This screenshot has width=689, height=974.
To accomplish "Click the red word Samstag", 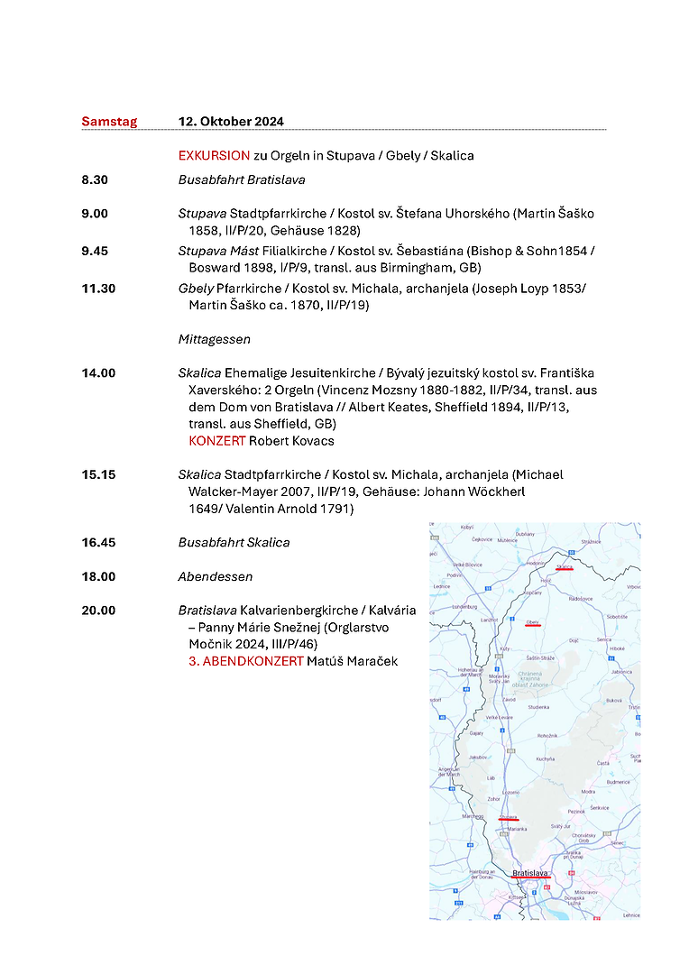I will pyautogui.click(x=109, y=122).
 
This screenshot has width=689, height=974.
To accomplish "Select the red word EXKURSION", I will pyautogui.click(x=214, y=155).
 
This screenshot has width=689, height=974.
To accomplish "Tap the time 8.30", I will pyautogui.click(x=95, y=179).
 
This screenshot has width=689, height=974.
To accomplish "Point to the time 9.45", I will pyautogui.click(x=95, y=251).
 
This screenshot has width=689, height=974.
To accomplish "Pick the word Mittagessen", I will pyautogui.click(x=214, y=340).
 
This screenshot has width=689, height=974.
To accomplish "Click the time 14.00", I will pyautogui.click(x=98, y=372).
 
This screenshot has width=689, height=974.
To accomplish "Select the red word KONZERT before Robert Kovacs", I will pyautogui.click(x=216, y=441).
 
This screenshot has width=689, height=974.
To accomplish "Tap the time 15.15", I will pyautogui.click(x=98, y=474).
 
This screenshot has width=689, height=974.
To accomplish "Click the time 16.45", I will pyautogui.click(x=98, y=542).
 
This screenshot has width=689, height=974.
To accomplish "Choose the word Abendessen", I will pyautogui.click(x=216, y=576).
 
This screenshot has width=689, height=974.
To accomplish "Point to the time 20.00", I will pyautogui.click(x=98, y=611).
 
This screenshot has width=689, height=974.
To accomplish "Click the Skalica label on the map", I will pyautogui.click(x=565, y=567).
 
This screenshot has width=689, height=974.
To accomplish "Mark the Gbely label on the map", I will pyautogui.click(x=532, y=622).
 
